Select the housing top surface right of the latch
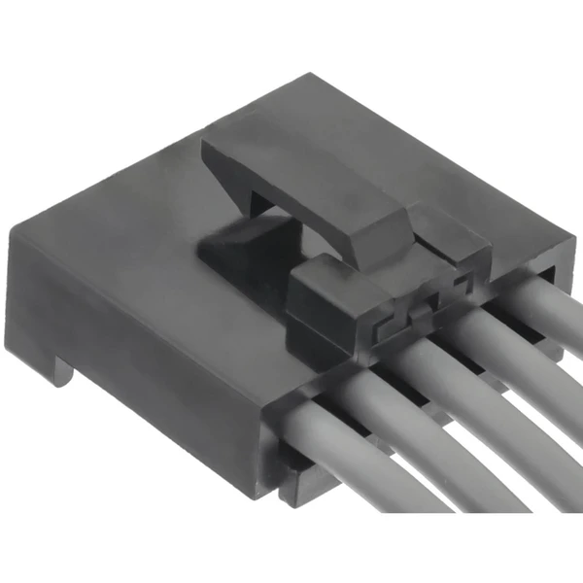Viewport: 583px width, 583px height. pyautogui.click(x=466, y=165)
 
